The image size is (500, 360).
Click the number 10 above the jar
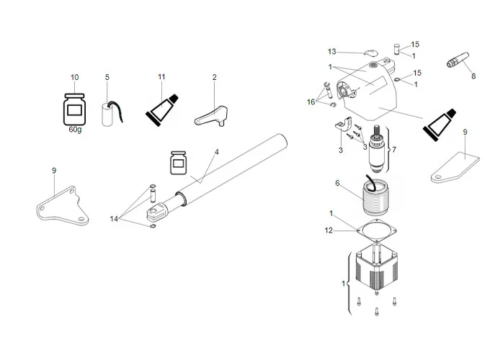coord(74,77)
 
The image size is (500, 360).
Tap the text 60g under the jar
coord(75,130)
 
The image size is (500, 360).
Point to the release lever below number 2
coord(211,114)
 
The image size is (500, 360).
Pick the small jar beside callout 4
coord(178,163)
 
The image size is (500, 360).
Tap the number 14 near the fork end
coord(115,217)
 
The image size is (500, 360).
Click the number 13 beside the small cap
coord(332,52)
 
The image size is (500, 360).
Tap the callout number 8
coord(473,75)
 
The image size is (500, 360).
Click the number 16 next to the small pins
coord(311,102)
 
